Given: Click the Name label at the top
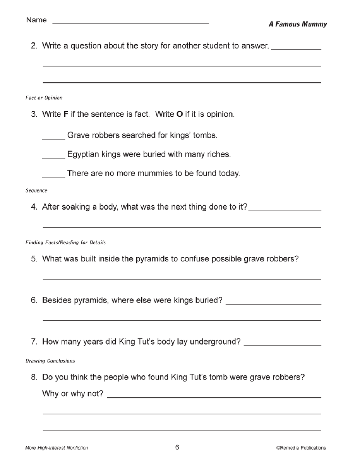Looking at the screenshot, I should tap(36, 20).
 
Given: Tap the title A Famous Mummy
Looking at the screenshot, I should tap(297, 24).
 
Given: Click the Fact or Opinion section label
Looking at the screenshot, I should tap(44, 98).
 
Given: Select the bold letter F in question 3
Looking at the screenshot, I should tap(66, 114).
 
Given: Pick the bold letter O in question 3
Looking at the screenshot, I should tap(179, 114).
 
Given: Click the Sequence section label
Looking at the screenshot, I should tap(36, 190).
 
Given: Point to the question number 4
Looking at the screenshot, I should tap(34, 207).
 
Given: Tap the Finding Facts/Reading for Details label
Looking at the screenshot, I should tap(66, 243).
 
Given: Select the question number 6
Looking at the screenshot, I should tap(34, 300).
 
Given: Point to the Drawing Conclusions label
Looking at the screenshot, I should tap(50, 361).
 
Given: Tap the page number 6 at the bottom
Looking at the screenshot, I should tap(177, 447).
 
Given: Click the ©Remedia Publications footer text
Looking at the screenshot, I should tap(301, 448).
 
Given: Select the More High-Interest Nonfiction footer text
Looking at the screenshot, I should tap(57, 448).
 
